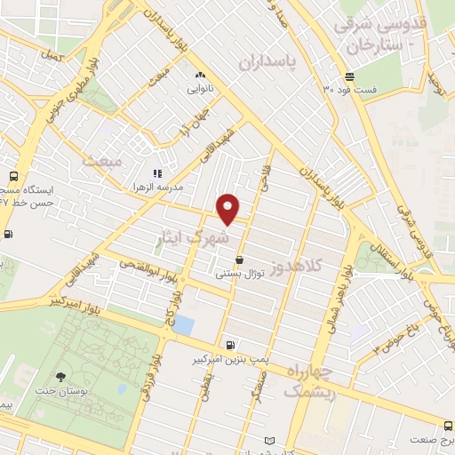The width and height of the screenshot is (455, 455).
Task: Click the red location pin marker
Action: tap(228, 208)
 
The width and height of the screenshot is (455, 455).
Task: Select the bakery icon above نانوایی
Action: tap(199, 76)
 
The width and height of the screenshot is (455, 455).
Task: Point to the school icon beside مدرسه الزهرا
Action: tap(156, 173)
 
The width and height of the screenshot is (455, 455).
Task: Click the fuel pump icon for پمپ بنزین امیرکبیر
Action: tap(232, 346)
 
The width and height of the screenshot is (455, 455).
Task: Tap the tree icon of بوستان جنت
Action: tap(60, 379)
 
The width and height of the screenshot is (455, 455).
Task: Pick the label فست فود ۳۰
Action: tap(349, 90)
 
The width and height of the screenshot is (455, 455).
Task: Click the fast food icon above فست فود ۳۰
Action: tap(350, 76)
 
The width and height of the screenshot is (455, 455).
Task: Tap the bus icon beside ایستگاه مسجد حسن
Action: tap(12, 175)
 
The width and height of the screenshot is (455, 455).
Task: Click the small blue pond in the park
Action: tap(182, 324)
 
